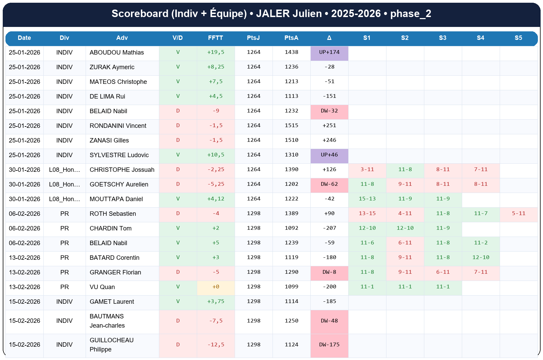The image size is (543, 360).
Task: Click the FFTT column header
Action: click(216, 38)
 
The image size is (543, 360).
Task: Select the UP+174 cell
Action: click(329, 52)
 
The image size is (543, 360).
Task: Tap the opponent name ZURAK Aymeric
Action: click(112, 67)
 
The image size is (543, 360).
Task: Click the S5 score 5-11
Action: click(518, 214)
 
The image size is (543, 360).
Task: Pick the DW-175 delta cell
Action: click(329, 345)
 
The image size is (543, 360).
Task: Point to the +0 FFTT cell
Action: click(216, 287)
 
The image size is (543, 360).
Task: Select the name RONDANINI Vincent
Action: click(118, 126)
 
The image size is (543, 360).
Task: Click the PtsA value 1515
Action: click(291, 126)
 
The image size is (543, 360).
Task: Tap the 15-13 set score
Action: click(367, 199)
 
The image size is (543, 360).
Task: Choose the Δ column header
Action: click(329, 38)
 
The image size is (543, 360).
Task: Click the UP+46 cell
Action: click(329, 155)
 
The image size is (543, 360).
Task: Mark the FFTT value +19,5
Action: click(216, 52)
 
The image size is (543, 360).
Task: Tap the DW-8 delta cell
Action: click(329, 272)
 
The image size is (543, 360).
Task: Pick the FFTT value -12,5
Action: click(216, 345)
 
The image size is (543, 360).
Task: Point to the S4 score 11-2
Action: click(481, 243)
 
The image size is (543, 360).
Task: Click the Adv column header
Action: click(122, 38)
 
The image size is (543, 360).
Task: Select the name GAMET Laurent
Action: click(112, 302)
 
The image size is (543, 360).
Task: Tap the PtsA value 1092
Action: click(291, 228)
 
